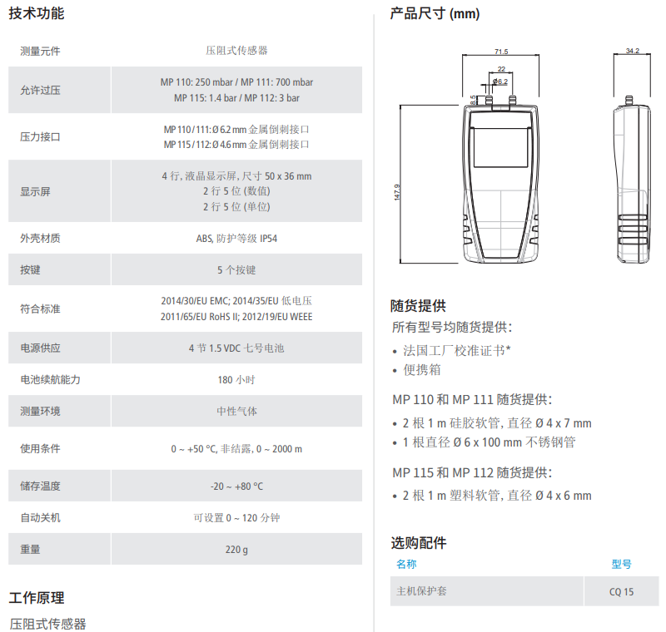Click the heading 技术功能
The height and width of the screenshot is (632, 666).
(37, 13)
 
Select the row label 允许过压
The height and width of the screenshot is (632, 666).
(40, 90)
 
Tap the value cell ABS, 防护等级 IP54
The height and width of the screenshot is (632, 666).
(236, 239)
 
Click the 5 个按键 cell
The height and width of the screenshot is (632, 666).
(236, 269)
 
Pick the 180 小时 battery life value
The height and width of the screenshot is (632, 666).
(236, 380)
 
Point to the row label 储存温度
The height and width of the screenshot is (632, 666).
(40, 486)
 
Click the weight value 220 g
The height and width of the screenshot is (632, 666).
(236, 550)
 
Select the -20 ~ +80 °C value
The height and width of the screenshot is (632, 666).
(236, 486)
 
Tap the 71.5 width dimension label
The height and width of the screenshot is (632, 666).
(501, 52)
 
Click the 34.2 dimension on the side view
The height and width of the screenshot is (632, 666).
(633, 51)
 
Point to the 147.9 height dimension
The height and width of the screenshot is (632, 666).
(397, 192)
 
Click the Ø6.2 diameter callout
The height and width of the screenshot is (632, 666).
(500, 81)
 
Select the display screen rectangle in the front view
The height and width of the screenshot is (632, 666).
(501, 147)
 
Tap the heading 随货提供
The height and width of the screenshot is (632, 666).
(419, 306)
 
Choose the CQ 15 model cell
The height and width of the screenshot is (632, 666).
(621, 592)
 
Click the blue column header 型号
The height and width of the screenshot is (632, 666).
(621, 564)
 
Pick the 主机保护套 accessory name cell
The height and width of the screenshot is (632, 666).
(422, 591)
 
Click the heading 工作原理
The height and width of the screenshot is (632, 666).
(37, 598)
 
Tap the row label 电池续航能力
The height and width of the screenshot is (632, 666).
(50, 380)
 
